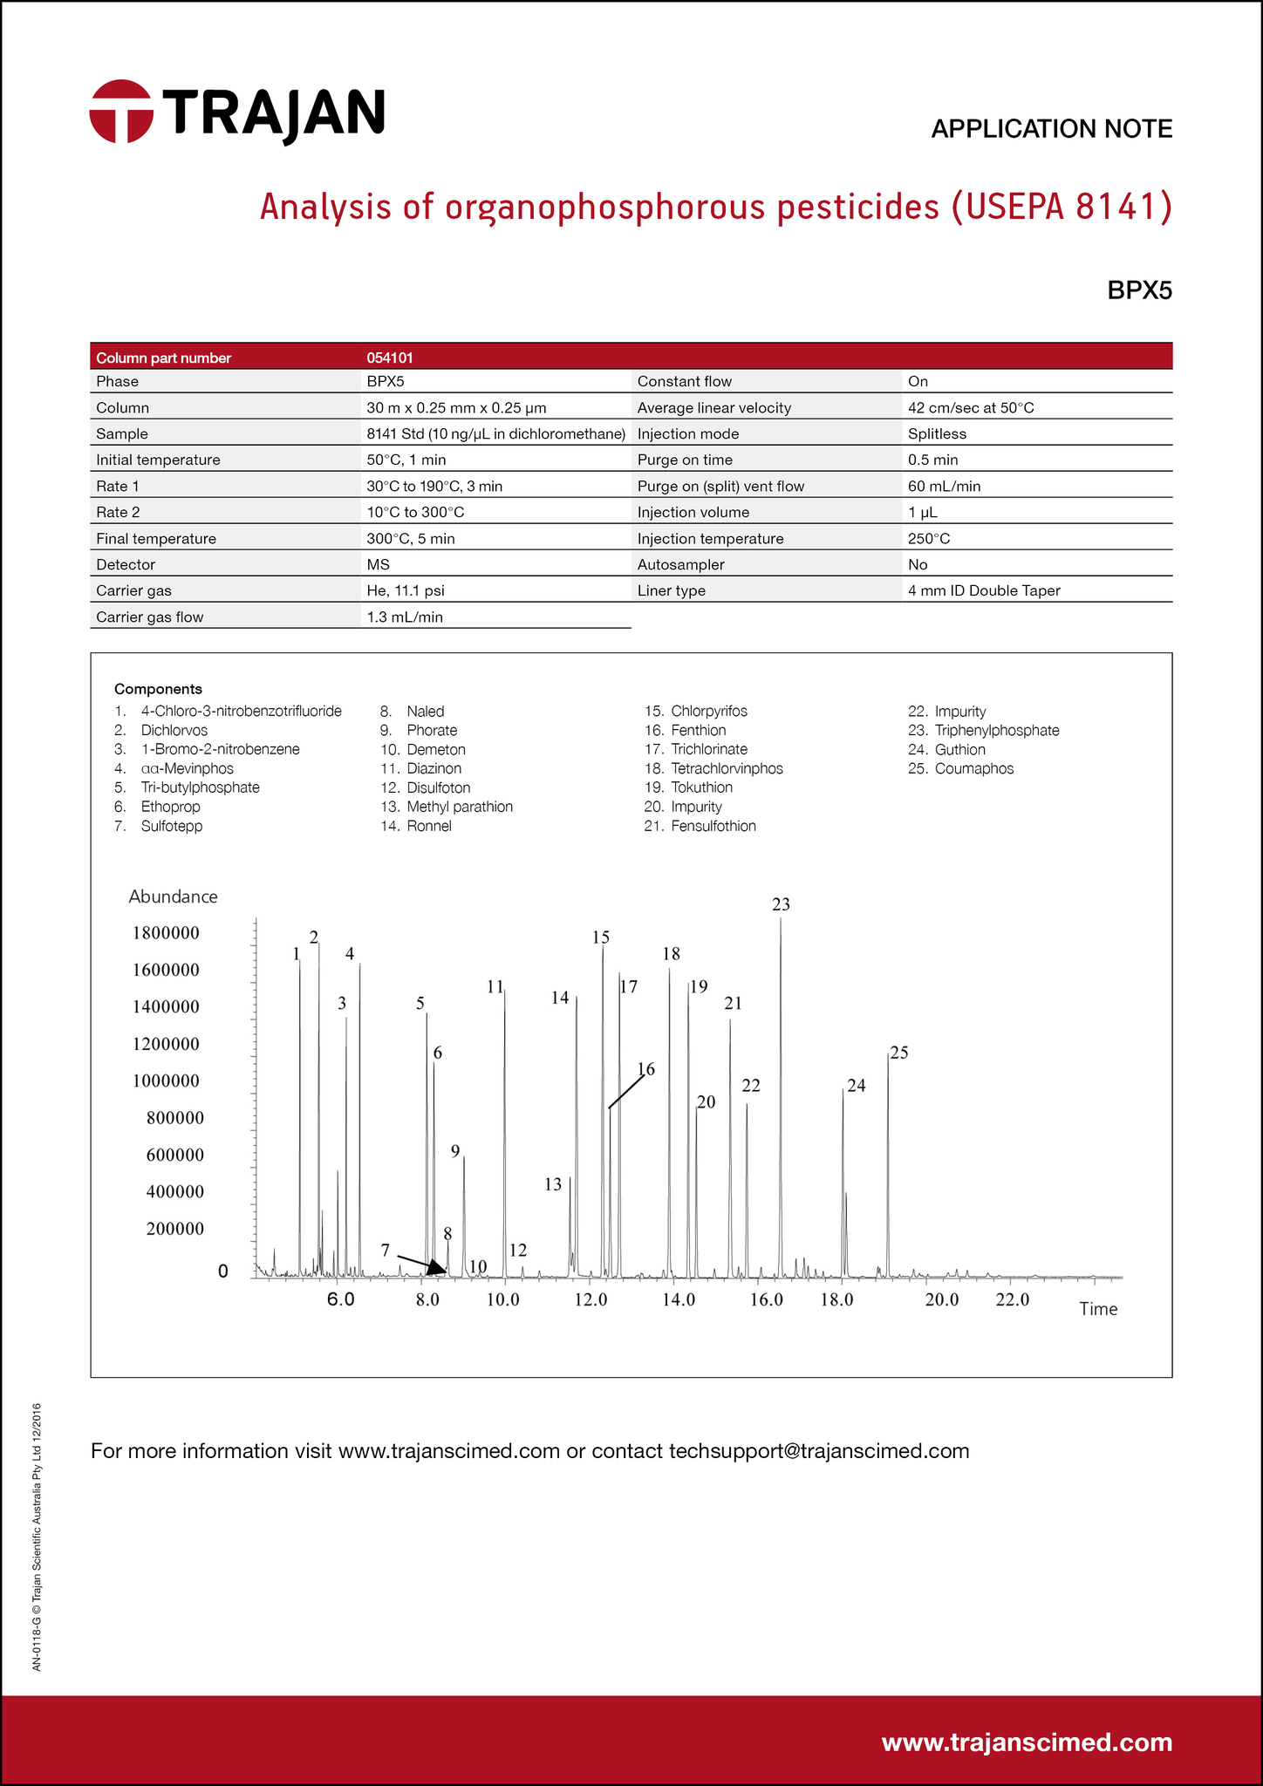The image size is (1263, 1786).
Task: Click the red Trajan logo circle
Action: tap(121, 112)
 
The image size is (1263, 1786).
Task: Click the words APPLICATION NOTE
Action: tap(1051, 129)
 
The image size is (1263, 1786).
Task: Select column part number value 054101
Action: tap(390, 358)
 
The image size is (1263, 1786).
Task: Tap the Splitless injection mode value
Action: tap(937, 433)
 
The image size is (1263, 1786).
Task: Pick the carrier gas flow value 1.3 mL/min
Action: tap(405, 617)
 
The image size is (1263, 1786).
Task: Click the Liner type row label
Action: tap(671, 590)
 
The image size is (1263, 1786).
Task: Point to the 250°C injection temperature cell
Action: tap(929, 538)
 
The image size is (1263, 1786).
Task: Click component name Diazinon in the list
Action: tap(434, 768)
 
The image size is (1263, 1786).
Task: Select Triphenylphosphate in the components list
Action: tap(996, 730)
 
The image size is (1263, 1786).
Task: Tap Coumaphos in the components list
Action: tap(973, 768)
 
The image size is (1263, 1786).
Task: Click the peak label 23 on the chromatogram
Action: tap(781, 904)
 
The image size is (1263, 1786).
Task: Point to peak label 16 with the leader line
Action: tap(645, 1069)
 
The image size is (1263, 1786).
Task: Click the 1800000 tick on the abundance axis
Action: tap(166, 933)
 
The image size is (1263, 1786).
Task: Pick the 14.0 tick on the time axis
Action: tap(679, 1300)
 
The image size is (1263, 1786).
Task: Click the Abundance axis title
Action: tap(173, 896)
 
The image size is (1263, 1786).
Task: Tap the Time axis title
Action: tap(1098, 1309)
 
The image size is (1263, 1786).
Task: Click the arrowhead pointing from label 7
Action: tap(437, 1271)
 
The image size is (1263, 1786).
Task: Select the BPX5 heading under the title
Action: tap(1139, 290)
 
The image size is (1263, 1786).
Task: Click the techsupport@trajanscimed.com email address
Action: tap(818, 1451)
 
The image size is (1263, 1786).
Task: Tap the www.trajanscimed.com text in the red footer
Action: tap(1027, 1742)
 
